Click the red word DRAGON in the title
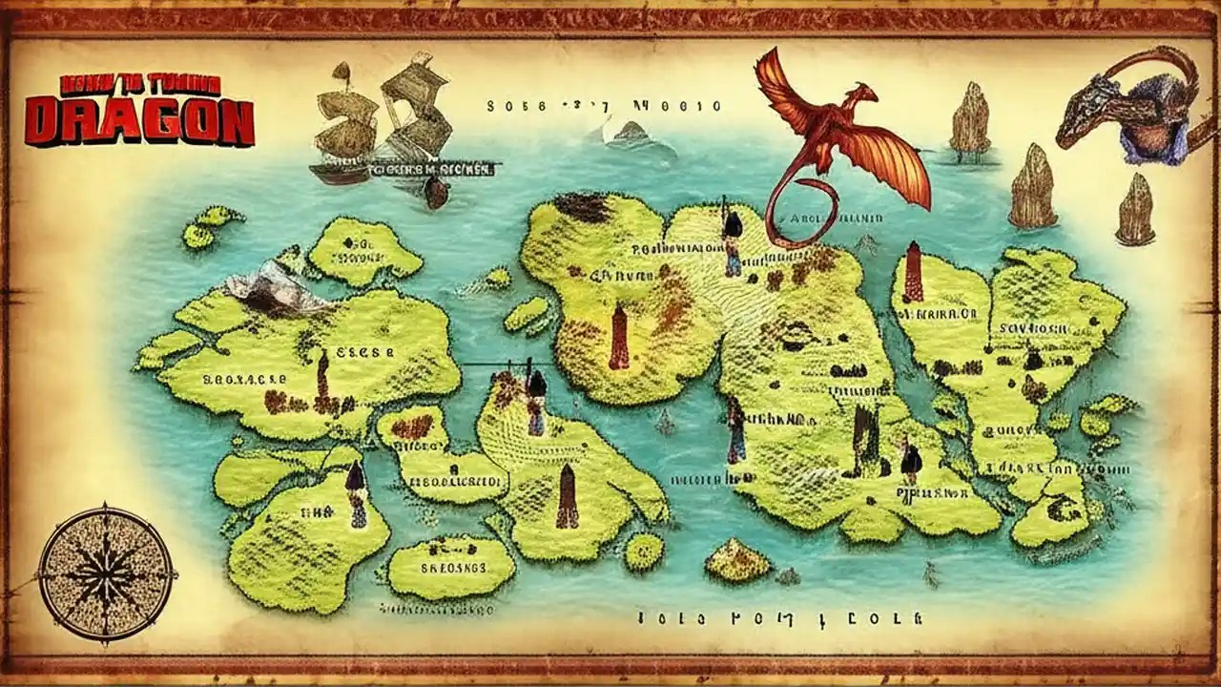139,121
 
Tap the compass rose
106,573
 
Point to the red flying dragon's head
863,94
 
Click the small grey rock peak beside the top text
630,134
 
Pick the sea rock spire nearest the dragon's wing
970,119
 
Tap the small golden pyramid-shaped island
736,559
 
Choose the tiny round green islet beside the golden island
644,552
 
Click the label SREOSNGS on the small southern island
454,567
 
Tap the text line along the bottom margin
780,618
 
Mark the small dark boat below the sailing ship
436,192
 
